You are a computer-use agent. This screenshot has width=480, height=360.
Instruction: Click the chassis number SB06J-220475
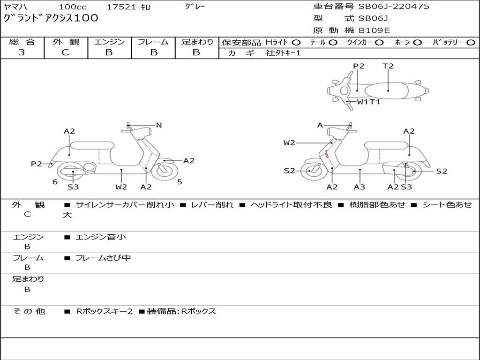point(394,7)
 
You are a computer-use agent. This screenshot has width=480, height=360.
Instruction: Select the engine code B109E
point(374,30)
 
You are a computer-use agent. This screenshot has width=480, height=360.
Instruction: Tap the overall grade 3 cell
point(22,52)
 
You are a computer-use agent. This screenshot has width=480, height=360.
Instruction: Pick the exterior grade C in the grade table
point(65,52)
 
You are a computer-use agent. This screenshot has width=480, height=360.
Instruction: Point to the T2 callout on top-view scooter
point(388,66)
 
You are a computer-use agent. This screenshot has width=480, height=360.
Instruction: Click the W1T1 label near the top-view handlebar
point(368,102)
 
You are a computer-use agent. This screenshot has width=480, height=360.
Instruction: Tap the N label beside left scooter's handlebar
point(159,125)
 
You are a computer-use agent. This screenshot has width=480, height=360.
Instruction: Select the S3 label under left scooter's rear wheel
point(73,187)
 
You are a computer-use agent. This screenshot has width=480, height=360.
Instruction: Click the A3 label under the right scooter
point(360,187)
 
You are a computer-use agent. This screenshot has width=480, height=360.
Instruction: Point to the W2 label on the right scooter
point(289,143)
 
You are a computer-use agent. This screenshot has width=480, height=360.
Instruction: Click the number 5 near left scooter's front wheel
point(180,182)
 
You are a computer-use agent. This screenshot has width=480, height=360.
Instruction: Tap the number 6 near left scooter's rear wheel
point(55,182)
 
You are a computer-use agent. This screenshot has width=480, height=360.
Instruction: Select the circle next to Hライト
point(296,42)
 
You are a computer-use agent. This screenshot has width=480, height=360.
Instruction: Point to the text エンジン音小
point(100,237)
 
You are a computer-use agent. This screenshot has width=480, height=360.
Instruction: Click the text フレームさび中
point(103,258)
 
